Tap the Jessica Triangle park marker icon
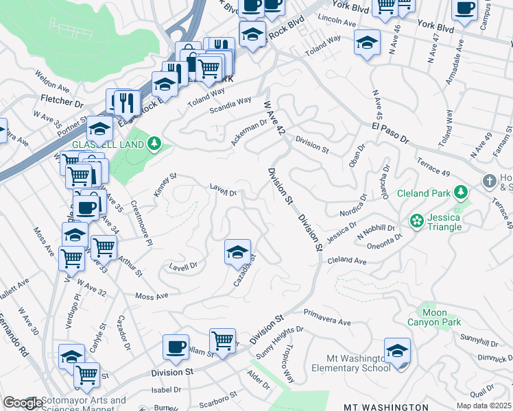point(416,221)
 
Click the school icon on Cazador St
point(237,252)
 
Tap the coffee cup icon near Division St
point(176,347)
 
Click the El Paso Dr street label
point(390,134)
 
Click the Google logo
point(23,403)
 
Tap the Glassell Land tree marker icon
point(155,143)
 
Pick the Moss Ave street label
point(152,296)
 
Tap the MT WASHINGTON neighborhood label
point(387,407)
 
